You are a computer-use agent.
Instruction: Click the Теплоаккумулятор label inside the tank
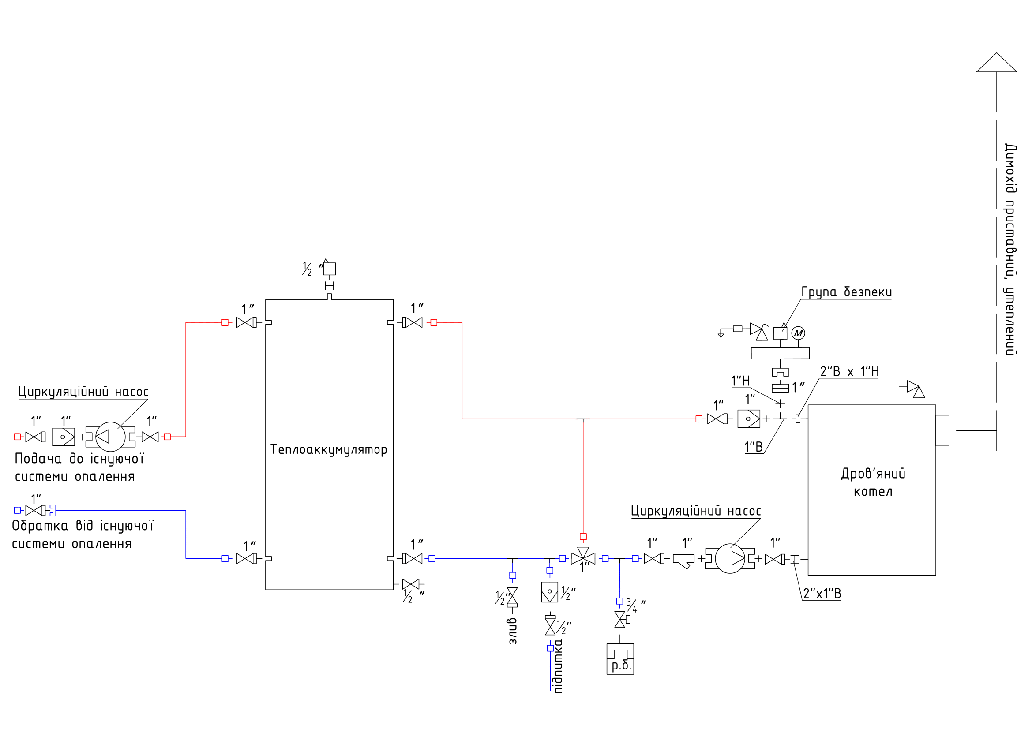point(329,450)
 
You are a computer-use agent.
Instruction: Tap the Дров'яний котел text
point(873,482)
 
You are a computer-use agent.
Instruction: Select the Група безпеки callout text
point(846,292)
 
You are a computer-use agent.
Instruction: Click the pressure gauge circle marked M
point(798,333)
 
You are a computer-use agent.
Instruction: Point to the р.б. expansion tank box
point(620,659)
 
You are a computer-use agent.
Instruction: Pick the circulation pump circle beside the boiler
point(729,559)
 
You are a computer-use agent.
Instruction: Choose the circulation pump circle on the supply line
point(111,437)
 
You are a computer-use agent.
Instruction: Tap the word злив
point(513,631)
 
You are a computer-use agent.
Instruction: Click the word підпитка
point(558,666)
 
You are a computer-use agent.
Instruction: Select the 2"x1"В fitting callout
point(822,594)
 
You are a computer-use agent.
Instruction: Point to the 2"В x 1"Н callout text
point(849,371)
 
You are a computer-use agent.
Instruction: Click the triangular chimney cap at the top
point(997,63)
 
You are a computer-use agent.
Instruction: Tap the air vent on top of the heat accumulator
point(330,269)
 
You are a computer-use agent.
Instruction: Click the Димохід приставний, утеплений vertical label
point(1010,249)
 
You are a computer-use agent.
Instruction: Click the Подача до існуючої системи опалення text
point(79,467)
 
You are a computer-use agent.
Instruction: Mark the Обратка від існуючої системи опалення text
point(82,535)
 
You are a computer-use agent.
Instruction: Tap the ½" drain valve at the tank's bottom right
point(410,584)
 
